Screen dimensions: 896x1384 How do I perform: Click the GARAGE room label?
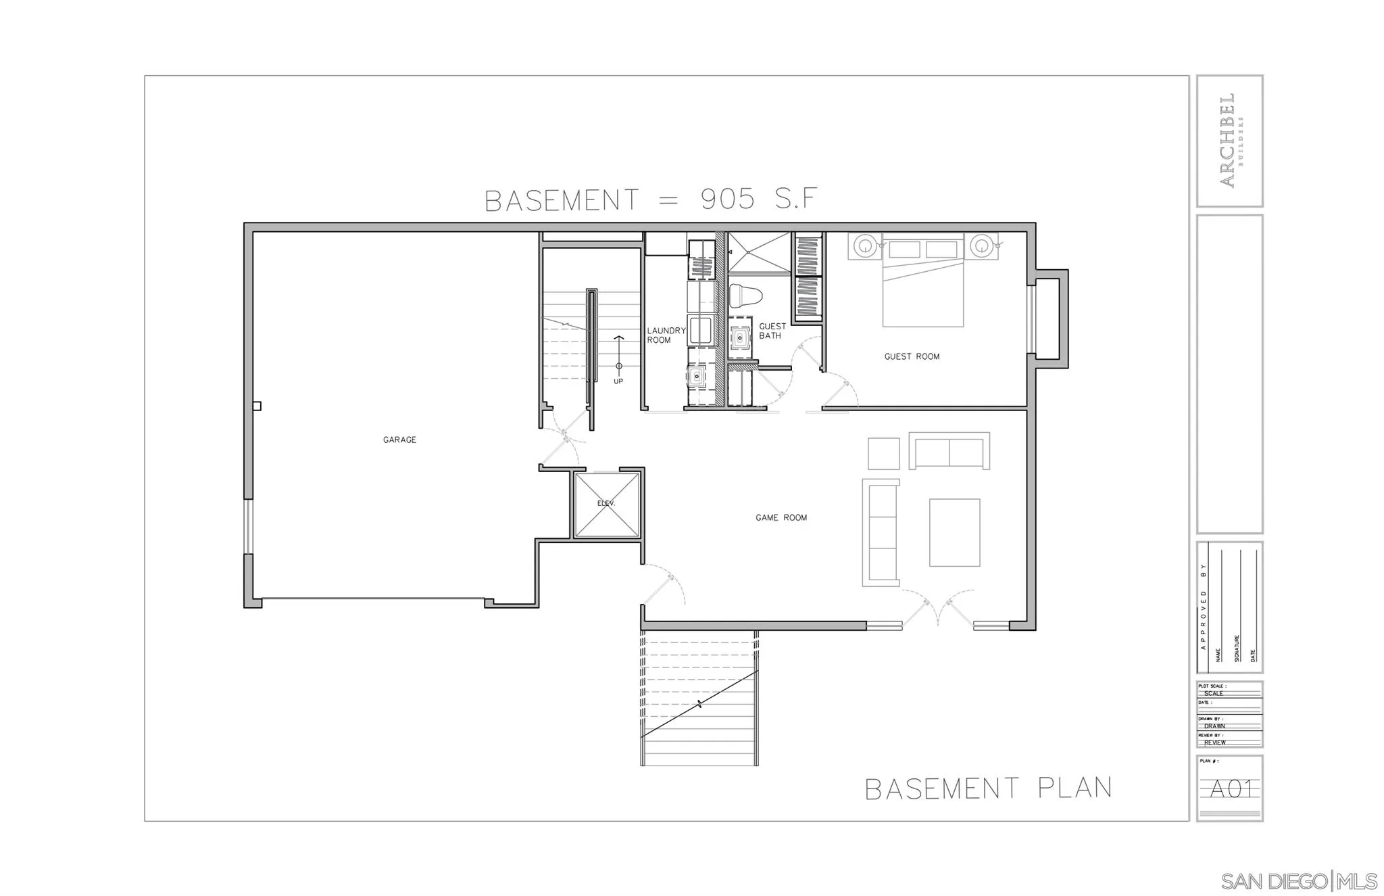pos(399,440)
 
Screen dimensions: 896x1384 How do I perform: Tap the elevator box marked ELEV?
pos(606,505)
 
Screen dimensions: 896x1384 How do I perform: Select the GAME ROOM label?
pos(781,517)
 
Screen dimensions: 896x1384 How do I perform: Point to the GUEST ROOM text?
pos(912,356)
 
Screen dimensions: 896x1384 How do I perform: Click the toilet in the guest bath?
pos(745,296)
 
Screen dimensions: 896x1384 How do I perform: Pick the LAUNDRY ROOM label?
pos(666,335)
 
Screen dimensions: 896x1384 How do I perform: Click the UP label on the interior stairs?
pos(618,381)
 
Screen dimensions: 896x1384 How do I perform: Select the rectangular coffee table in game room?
pos(954,532)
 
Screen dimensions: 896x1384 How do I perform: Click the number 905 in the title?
pos(728,199)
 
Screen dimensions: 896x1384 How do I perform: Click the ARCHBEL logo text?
pos(1227,140)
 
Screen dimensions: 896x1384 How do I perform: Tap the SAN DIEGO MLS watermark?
pos(1298,881)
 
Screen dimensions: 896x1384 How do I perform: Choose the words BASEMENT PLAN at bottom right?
pos(988,788)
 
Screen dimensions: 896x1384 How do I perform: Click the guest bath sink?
pos(741,337)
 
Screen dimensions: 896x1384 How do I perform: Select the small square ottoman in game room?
pos(883,454)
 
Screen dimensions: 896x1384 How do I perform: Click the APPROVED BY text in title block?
pos(1203,607)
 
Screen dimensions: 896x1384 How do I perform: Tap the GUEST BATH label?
pos(772,331)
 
